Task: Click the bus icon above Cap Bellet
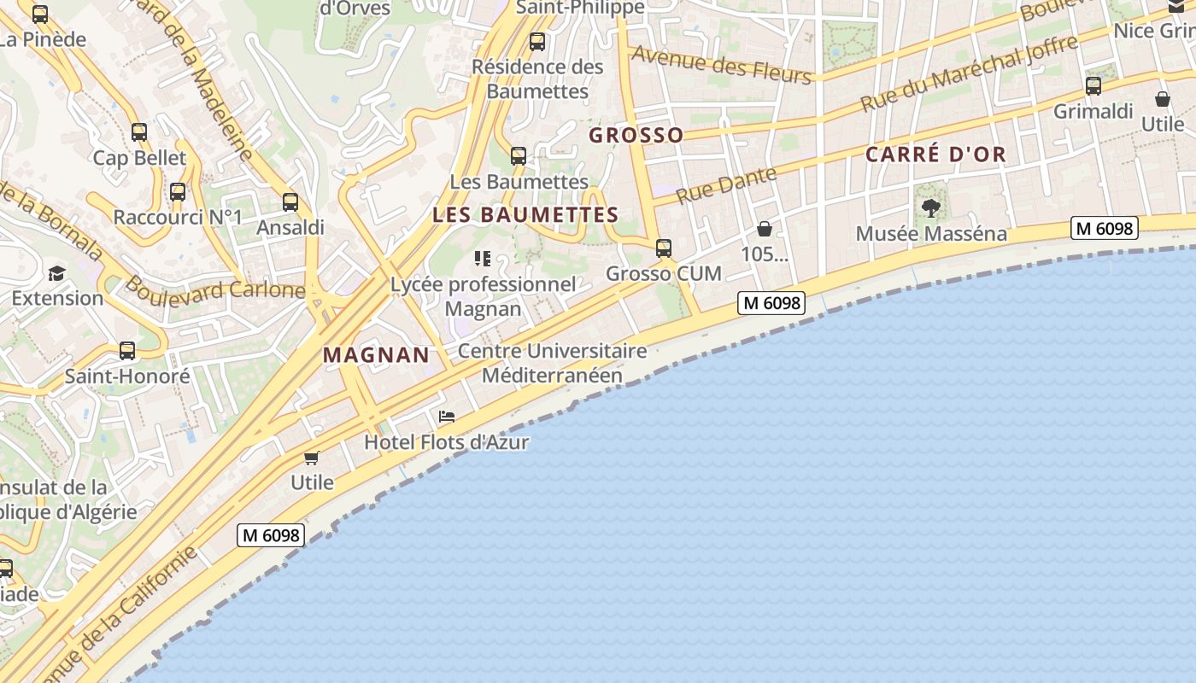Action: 139,132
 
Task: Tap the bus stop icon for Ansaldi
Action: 290,202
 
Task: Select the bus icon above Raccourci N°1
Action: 178,192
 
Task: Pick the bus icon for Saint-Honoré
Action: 127,351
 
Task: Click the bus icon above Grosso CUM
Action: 664,248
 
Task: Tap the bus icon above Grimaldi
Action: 1093,86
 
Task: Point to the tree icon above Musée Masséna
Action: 931,207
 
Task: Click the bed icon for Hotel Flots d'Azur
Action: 446,417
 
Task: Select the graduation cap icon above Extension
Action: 56,273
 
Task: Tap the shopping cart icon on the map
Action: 312,458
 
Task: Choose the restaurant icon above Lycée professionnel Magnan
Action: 483,259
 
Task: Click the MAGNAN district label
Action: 376,355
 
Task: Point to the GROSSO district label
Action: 636,135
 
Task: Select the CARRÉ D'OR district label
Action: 935,155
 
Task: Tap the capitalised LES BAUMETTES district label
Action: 525,214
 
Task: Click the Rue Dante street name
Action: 726,184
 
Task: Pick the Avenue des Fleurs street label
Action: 722,64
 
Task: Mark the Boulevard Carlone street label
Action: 214,288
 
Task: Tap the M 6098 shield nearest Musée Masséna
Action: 1104,228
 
